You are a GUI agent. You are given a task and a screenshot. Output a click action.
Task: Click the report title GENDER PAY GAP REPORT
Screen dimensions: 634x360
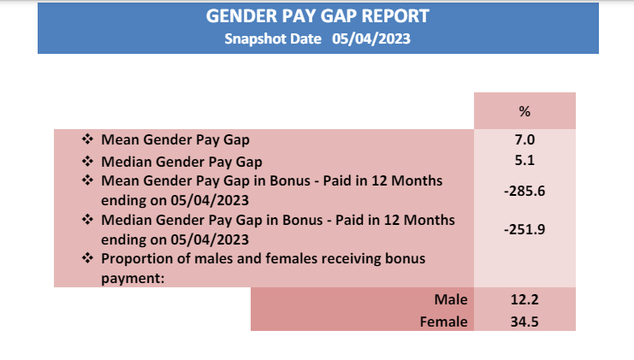317,16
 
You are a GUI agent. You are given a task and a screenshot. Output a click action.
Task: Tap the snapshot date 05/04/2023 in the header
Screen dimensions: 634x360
371,38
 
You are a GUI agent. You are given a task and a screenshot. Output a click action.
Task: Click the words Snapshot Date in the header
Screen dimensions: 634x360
273,39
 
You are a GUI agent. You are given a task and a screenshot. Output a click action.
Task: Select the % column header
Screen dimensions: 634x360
524,111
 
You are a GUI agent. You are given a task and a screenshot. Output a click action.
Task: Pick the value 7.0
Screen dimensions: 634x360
524,139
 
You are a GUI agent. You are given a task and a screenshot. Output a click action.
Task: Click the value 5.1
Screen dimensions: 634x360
524,161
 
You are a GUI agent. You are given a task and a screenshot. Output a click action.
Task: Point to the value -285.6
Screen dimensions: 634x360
524,191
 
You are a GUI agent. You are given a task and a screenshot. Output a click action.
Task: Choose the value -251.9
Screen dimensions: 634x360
524,229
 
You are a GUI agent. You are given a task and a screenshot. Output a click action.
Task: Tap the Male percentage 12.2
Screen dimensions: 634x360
524,299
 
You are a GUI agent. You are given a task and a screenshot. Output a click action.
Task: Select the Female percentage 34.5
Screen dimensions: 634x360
524,322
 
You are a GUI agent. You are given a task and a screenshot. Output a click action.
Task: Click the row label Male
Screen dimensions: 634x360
451,299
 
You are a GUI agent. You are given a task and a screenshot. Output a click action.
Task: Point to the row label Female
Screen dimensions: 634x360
443,322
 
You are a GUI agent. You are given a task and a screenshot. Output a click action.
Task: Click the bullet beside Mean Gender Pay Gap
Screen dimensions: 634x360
87,139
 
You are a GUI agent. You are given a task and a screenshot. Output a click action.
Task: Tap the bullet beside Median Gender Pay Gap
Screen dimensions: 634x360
87,162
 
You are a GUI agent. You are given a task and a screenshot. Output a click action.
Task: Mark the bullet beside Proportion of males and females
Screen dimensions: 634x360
87,257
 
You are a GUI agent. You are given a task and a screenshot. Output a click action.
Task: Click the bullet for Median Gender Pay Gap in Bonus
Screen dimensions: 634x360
87,220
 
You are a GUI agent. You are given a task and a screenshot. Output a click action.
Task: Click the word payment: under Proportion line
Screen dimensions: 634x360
133,279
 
